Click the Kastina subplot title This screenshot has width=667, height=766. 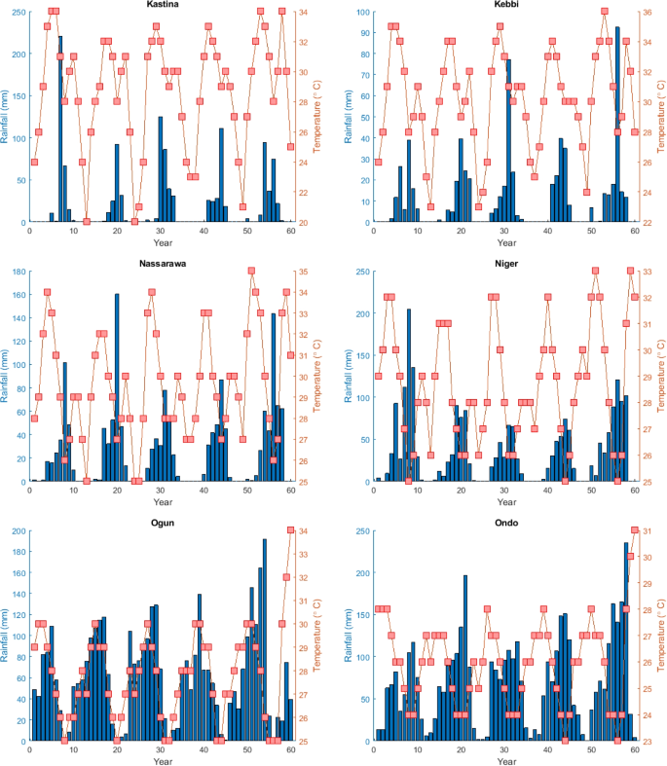[161, 5]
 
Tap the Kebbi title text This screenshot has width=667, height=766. [505, 5]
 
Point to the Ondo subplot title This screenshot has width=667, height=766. [504, 523]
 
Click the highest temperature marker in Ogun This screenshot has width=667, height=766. [290, 530]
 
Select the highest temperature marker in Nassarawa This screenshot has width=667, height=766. [251, 271]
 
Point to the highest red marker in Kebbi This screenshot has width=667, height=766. [605, 12]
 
